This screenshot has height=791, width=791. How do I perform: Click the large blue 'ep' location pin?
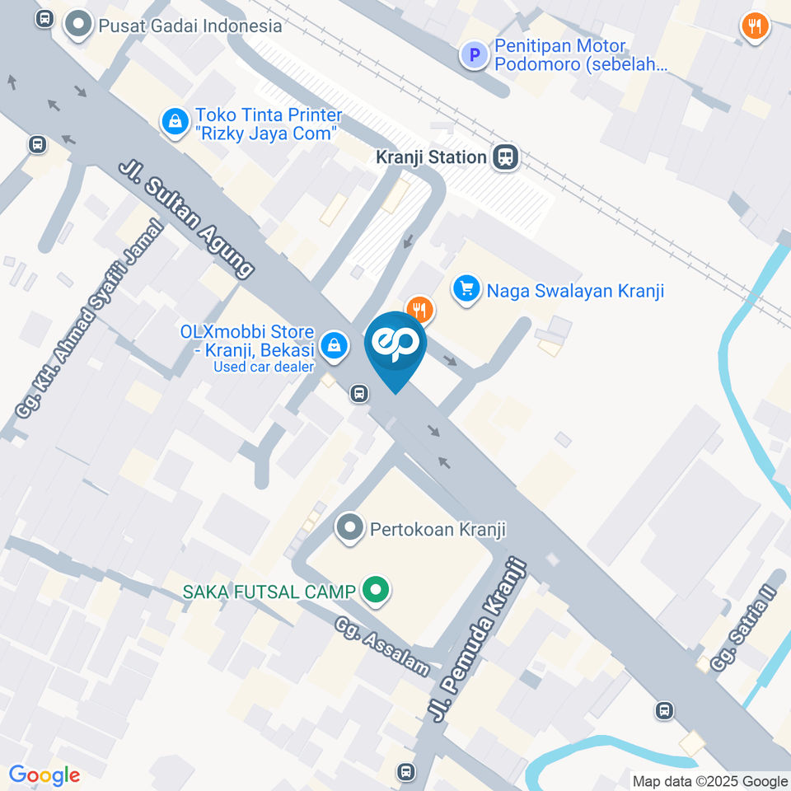(395, 346)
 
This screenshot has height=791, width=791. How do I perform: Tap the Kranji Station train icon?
(505, 157)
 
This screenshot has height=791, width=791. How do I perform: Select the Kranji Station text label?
(431, 157)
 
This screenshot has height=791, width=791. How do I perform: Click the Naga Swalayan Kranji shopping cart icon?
(466, 290)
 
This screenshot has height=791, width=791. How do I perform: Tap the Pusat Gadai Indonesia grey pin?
(79, 25)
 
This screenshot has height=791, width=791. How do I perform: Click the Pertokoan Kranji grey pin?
(350, 528)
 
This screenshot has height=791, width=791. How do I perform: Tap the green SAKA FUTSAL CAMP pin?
(376, 590)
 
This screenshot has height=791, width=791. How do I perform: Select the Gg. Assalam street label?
(382, 647)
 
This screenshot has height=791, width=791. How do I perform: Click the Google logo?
(44, 775)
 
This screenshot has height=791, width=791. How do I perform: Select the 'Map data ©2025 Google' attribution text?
(710, 781)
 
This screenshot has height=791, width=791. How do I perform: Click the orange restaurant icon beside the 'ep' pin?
(419, 309)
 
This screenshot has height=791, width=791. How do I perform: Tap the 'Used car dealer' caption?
(264, 367)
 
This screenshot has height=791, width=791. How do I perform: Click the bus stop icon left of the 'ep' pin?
(359, 394)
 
